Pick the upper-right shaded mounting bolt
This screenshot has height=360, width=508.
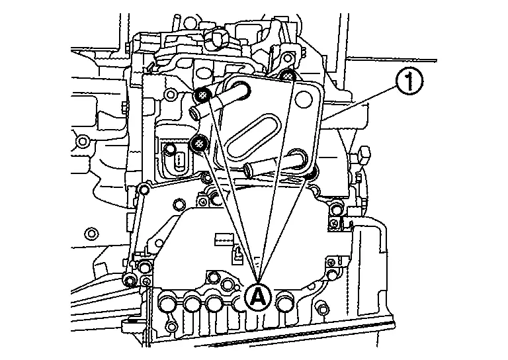(x=288, y=76)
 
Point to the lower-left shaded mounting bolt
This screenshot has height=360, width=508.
(x=197, y=142)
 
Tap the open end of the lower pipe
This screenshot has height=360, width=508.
(x=249, y=171)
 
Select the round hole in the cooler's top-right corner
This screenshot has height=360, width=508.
(x=304, y=100)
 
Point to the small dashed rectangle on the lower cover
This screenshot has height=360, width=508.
(x=225, y=236)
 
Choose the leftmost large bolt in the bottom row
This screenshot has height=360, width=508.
(x=167, y=304)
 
